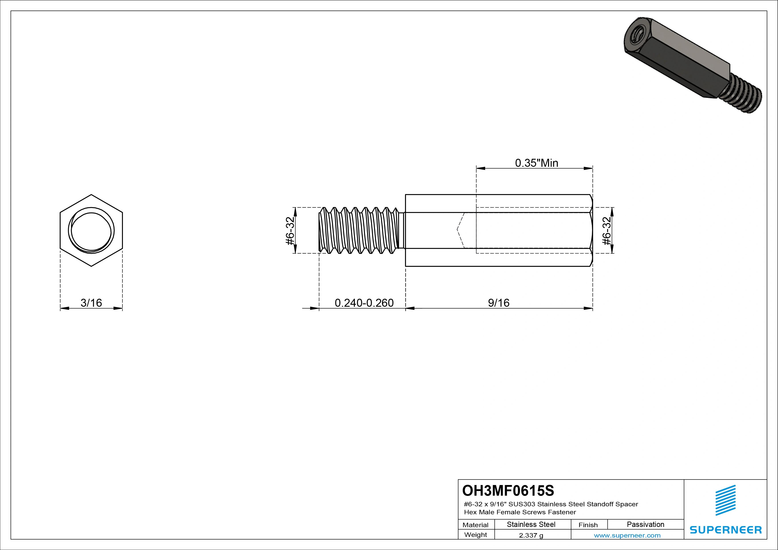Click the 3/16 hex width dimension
tap(91, 302)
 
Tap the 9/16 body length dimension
tap(498, 302)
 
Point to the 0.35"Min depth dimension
tap(536, 163)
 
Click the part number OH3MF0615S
tap(508, 490)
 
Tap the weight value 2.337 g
tap(531, 535)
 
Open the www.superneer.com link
tap(627, 535)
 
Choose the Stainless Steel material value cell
tap(531, 524)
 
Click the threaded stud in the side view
tap(359, 230)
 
